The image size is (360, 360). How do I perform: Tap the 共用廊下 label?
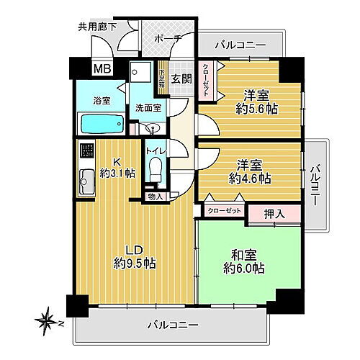[99, 30]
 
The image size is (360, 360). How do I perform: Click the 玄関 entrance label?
[181, 78]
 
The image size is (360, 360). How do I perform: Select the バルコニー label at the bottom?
[173, 325]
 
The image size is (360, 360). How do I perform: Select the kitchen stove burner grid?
[86, 151]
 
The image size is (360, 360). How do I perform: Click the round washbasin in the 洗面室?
[152, 127]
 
